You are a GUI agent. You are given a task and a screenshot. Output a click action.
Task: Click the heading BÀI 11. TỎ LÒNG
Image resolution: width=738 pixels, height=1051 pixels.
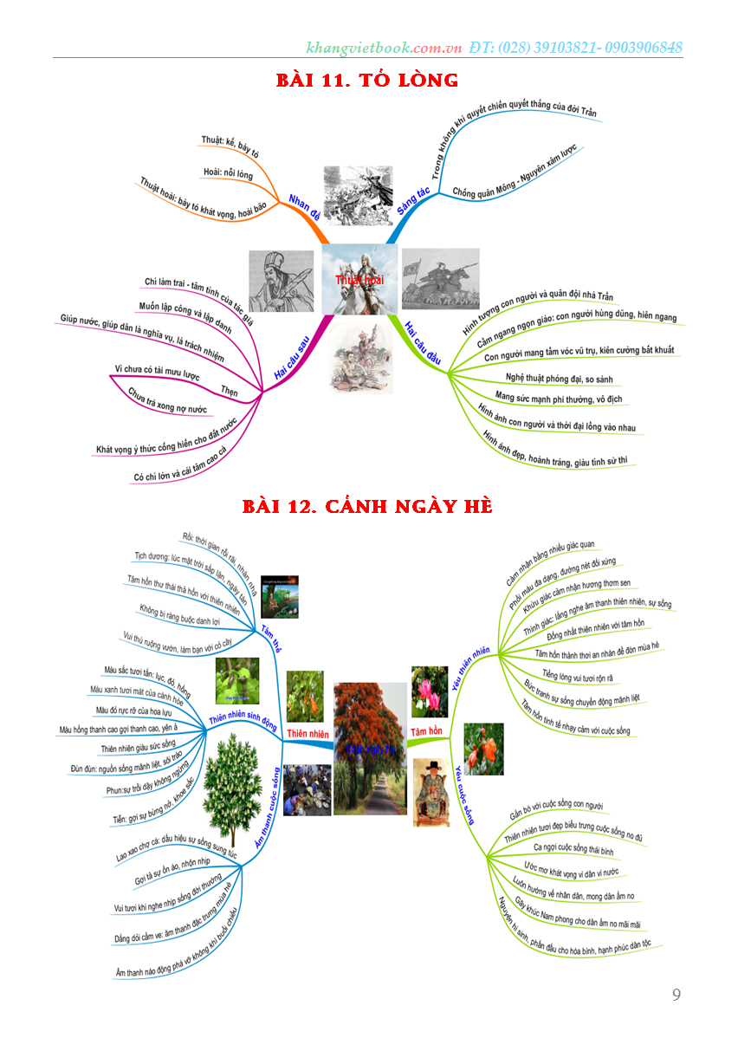366,81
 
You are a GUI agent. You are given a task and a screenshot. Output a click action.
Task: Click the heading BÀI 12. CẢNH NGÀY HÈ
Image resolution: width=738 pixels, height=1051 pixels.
367,505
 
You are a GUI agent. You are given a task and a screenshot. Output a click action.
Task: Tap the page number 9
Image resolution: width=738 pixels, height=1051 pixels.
676,995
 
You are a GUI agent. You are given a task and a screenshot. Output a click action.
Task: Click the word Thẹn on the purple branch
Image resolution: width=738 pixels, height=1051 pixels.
230,389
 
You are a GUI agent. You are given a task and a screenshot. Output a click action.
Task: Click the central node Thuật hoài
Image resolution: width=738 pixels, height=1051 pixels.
359,280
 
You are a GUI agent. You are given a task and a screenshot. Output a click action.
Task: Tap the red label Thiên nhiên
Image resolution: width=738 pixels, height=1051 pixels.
308,735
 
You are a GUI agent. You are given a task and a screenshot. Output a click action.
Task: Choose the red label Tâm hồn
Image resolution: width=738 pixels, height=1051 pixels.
426,732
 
